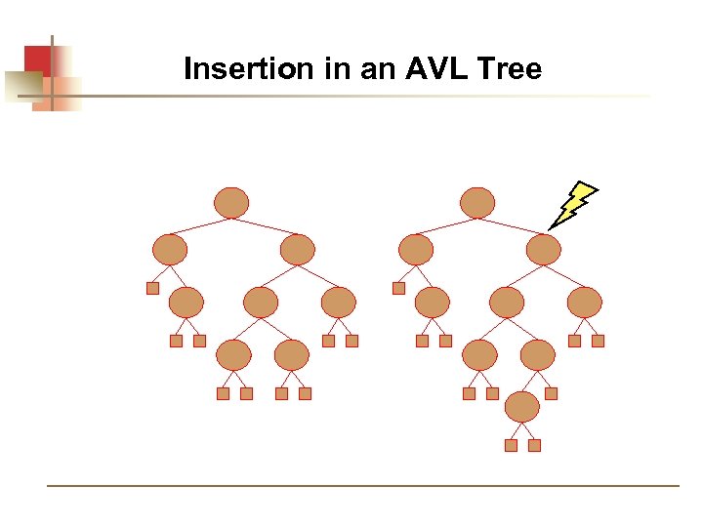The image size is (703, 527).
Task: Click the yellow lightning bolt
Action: [573, 204]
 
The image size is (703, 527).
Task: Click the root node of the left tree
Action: [231, 202]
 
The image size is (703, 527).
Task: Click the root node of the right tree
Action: [477, 202]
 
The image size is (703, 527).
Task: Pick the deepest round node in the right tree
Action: [522, 405]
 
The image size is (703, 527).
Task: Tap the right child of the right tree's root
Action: [544, 250]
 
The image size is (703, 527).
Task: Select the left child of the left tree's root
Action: [169, 250]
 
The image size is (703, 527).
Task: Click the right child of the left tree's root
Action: [298, 250]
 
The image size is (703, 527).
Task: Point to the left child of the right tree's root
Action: [415, 250]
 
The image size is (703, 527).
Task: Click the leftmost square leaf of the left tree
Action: [152, 288]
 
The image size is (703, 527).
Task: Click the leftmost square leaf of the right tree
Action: [398, 288]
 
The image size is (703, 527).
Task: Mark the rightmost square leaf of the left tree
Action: [352, 341]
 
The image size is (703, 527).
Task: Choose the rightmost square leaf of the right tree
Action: [599, 341]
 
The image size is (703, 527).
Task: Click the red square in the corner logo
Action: [37, 60]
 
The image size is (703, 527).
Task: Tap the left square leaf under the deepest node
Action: [511, 445]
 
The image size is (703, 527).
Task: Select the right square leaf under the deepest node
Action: [534, 445]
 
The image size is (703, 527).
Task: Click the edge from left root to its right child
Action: [266, 226]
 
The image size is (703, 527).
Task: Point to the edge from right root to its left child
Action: [445, 226]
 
